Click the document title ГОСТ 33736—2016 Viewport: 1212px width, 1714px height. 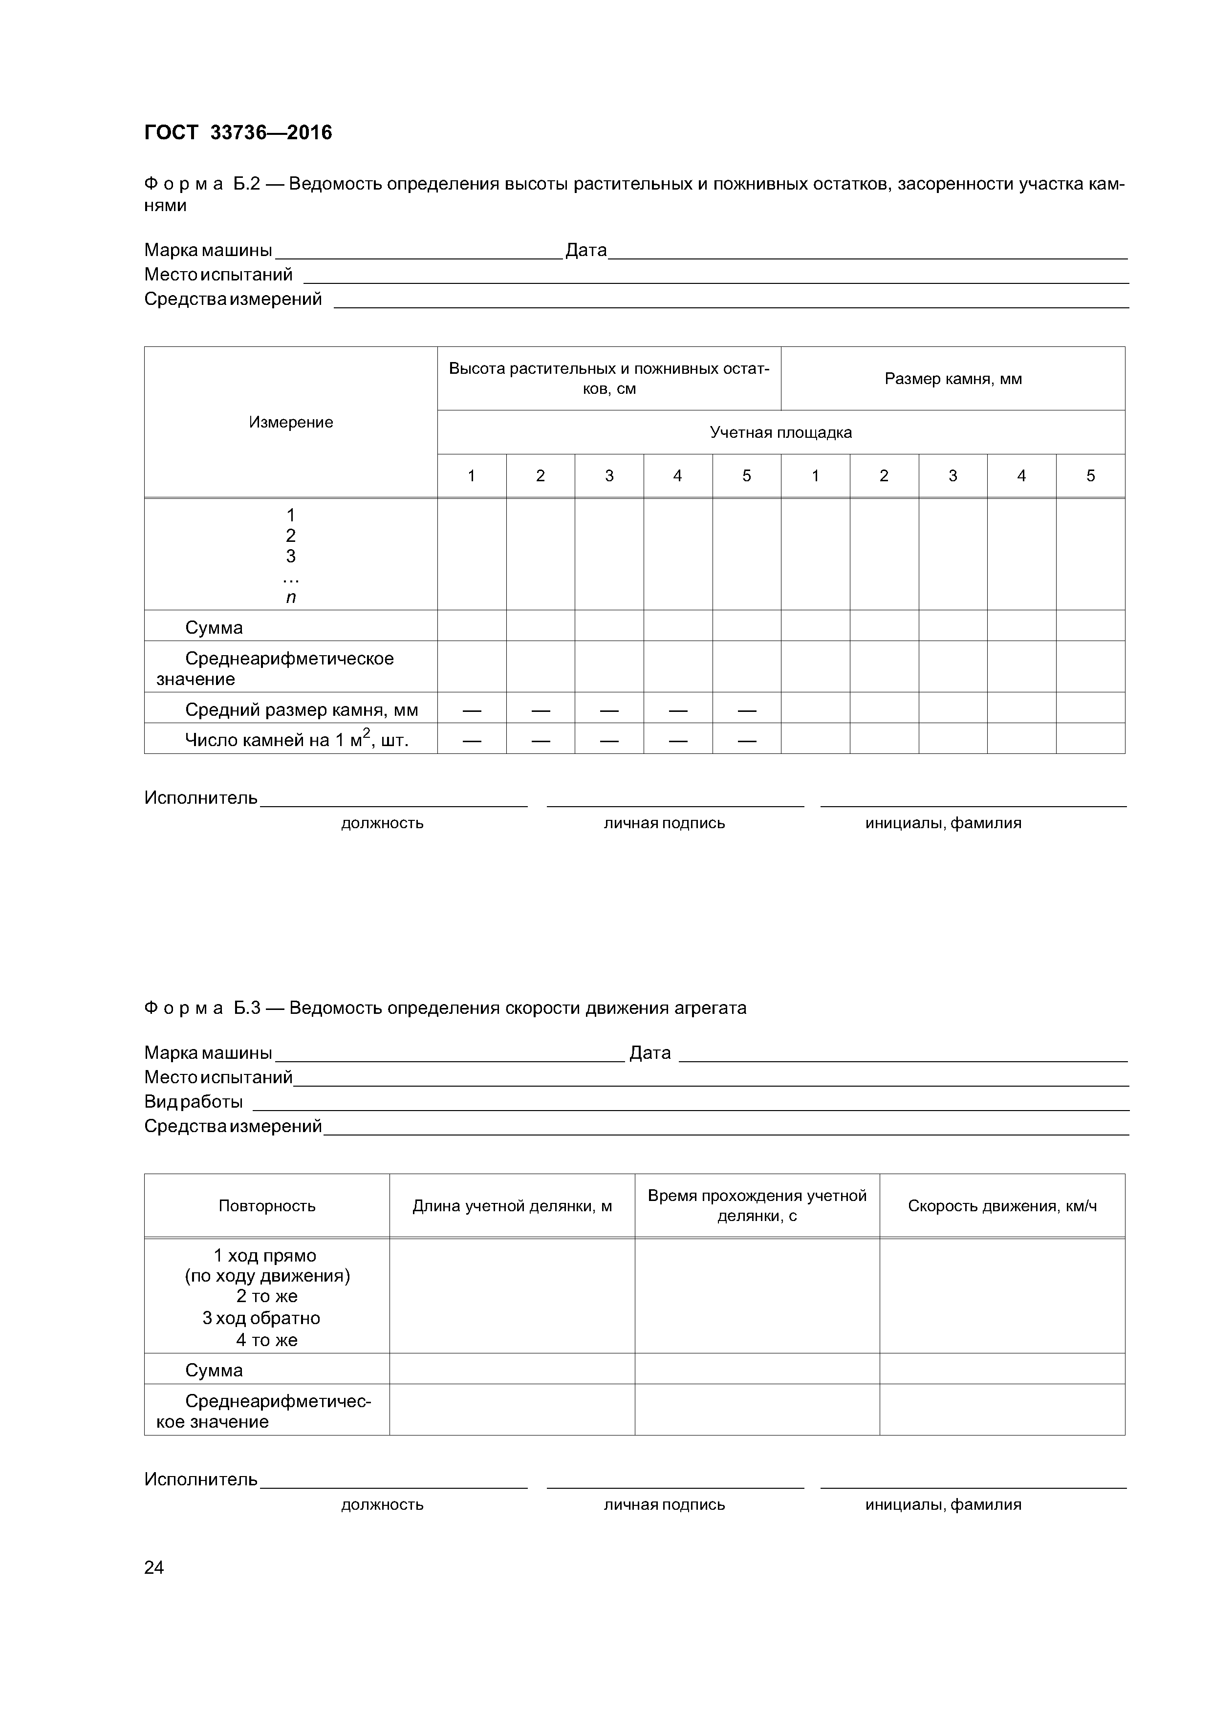click(x=238, y=133)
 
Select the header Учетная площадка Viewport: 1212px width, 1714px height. click(x=780, y=432)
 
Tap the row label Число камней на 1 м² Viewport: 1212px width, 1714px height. click(x=297, y=740)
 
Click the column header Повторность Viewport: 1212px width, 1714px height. click(x=267, y=1206)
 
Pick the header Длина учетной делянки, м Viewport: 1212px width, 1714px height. click(x=512, y=1206)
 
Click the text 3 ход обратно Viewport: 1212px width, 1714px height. click(x=261, y=1318)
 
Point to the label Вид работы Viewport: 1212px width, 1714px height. click(x=194, y=1102)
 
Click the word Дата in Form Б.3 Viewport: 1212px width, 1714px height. click(x=649, y=1053)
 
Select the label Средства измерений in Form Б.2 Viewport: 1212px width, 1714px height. click(x=233, y=300)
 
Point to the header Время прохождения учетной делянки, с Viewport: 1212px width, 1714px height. click(x=757, y=1206)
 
